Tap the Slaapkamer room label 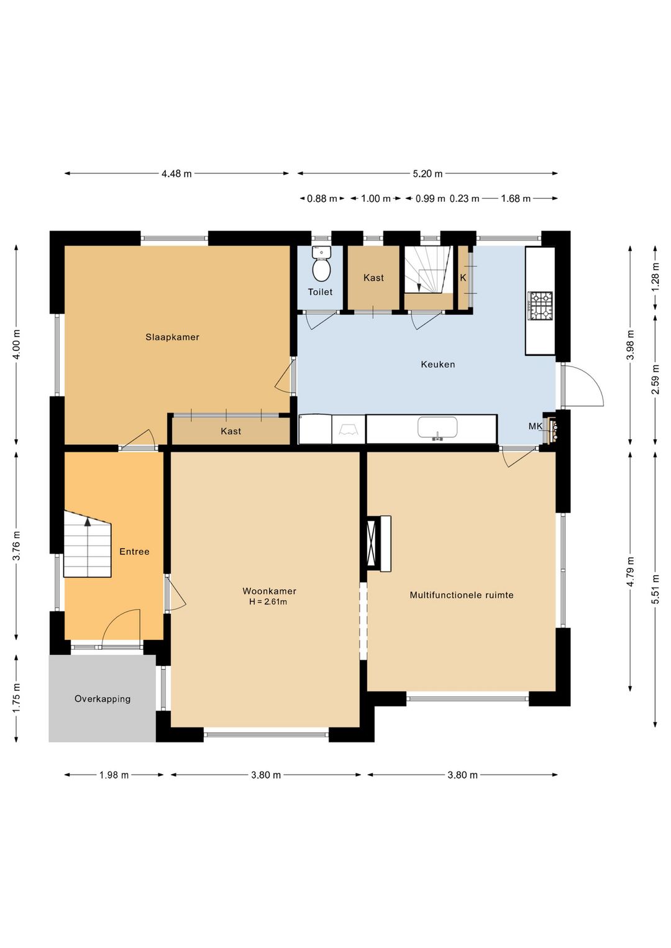pos(172,337)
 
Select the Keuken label pos(438,364)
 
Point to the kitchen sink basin pos(437,427)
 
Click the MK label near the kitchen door pos(535,426)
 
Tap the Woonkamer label pos(269,591)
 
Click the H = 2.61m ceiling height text pos(268,601)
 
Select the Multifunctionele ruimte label pos(462,595)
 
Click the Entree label pos(134,552)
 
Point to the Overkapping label pos(103,698)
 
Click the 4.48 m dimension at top pos(176,173)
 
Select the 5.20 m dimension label pos(427,173)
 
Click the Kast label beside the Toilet pos(373,278)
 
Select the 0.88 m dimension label pos(322,199)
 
